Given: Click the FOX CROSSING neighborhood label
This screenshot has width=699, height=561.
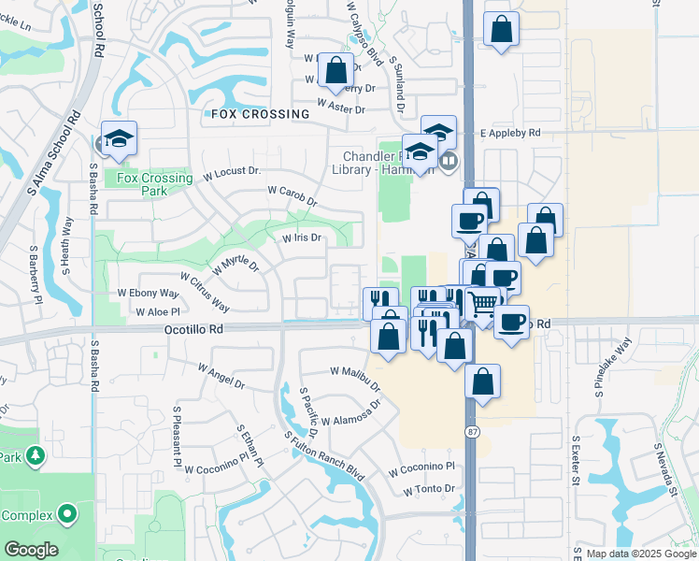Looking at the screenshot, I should tap(260, 114).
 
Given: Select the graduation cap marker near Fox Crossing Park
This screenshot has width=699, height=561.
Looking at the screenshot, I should tap(119, 140).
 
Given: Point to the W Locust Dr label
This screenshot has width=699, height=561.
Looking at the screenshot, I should tap(230, 172).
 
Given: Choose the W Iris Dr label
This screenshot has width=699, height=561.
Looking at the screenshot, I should tap(302, 237).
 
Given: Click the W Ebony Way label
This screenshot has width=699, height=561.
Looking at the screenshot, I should tap(147, 293).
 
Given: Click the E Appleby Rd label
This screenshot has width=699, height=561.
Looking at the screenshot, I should tap(510, 134).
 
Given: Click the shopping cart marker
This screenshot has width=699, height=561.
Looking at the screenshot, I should tap(482, 303).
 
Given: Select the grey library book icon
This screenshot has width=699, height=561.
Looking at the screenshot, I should tap(449, 161).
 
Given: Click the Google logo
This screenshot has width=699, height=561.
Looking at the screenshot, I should tap(31, 549).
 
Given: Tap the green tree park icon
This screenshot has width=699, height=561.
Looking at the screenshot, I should tap(36, 456).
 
